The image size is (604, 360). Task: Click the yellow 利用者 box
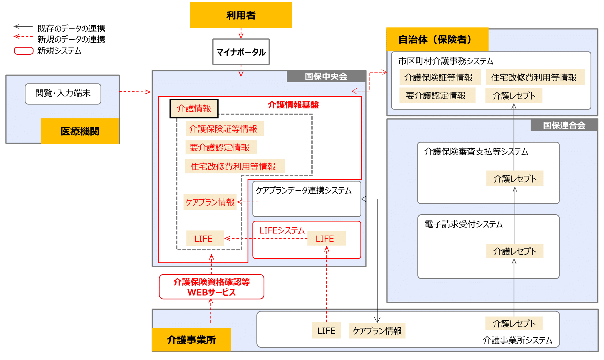click(x=241, y=15)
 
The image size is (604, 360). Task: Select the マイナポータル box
click(x=241, y=52)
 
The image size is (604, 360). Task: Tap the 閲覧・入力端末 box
click(x=63, y=94)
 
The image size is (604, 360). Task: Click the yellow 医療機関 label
click(x=80, y=131)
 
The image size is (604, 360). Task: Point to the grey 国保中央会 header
click(x=326, y=76)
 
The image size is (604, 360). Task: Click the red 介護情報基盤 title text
click(x=293, y=105)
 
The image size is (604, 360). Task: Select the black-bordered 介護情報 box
click(x=194, y=108)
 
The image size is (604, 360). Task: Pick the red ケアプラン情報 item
click(x=210, y=202)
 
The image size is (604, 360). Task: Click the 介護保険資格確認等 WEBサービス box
click(x=212, y=287)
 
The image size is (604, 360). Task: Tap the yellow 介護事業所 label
click(x=191, y=340)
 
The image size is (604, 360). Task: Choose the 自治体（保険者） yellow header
click(x=437, y=39)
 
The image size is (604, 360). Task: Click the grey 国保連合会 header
click(x=564, y=125)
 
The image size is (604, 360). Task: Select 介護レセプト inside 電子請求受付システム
click(x=515, y=251)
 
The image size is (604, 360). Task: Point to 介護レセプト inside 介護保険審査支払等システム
click(x=515, y=179)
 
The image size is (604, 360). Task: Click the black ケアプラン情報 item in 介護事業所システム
click(x=377, y=331)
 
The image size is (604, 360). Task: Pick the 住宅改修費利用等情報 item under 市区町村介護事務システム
click(x=533, y=77)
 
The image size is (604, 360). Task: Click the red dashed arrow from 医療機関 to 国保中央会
click(x=135, y=92)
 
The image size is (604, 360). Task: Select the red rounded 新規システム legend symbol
click(x=24, y=51)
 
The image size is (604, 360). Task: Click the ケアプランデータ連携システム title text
click(x=303, y=190)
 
